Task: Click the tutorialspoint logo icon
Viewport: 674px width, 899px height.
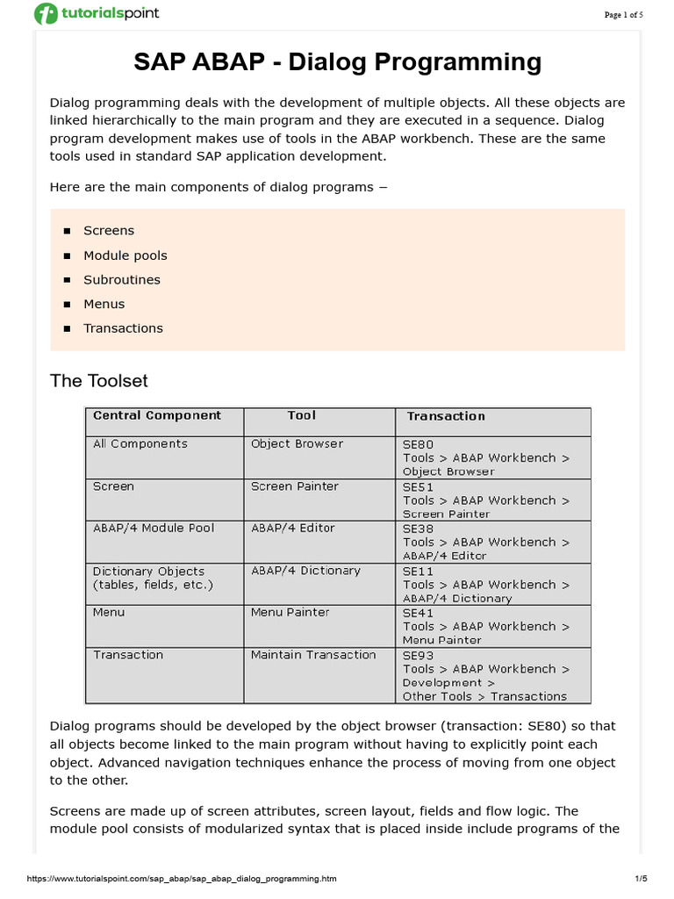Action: click(x=46, y=14)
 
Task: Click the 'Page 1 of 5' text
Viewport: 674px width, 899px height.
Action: click(x=624, y=15)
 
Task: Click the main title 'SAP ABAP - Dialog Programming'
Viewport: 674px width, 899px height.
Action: click(x=337, y=62)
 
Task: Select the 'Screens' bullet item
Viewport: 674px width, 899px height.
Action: click(x=109, y=231)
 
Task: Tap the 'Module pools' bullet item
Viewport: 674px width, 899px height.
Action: click(x=125, y=255)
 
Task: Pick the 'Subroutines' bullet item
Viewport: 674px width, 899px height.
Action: click(x=122, y=280)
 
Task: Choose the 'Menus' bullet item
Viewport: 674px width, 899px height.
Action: click(x=104, y=304)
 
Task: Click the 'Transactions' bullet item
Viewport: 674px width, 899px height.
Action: click(x=123, y=328)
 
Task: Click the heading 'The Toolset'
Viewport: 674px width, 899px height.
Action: click(x=99, y=381)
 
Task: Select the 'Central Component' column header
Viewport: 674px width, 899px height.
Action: click(x=157, y=416)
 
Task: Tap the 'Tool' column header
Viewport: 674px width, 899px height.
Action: click(x=301, y=416)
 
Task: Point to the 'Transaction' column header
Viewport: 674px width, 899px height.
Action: click(x=446, y=417)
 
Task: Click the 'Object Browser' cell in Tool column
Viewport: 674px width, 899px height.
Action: click(x=297, y=444)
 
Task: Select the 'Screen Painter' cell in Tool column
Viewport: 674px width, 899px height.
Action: click(x=294, y=486)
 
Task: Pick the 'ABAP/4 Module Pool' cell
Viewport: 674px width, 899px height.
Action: click(x=154, y=529)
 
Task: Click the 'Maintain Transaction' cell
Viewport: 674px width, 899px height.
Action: click(x=313, y=655)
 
